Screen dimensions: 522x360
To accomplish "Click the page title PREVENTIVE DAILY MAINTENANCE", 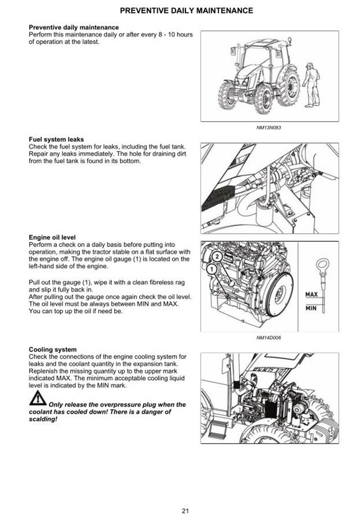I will (x=187, y=10).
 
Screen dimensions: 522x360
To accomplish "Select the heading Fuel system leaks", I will (x=56, y=139).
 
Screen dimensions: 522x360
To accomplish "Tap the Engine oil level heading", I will (x=52, y=237).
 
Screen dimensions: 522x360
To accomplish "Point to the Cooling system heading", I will (x=53, y=349).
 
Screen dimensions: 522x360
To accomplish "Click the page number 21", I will (x=185, y=510).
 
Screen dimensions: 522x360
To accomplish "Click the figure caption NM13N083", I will (x=269, y=127).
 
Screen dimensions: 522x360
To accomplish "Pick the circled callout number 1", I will (x=210, y=270).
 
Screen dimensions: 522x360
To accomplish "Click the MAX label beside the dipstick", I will (x=312, y=294).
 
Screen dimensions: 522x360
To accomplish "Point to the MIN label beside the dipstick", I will (x=312, y=308).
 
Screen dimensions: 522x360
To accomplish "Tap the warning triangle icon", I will (x=38, y=398).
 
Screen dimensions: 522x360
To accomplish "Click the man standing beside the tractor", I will (x=309, y=84).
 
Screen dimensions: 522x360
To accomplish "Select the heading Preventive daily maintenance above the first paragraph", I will (x=74, y=27).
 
